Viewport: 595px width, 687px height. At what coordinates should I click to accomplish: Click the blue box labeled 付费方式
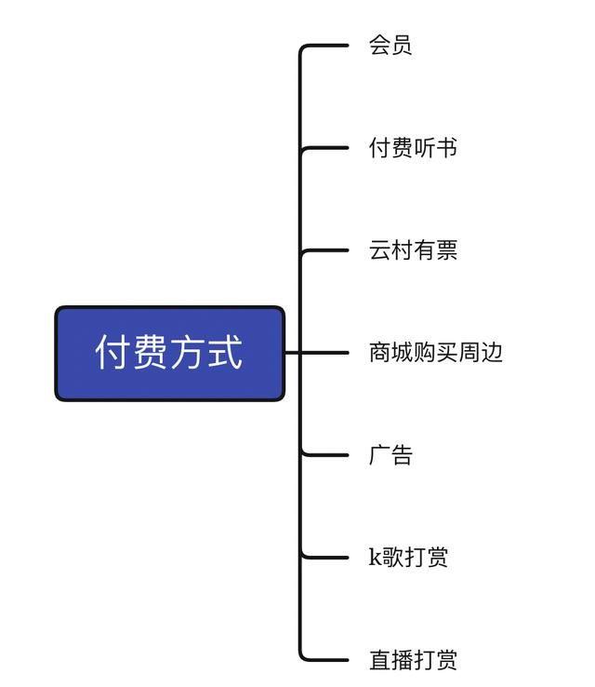[x=169, y=354]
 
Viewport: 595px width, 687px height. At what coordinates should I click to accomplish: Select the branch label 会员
[x=390, y=46]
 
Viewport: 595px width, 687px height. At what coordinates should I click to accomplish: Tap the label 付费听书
[x=413, y=148]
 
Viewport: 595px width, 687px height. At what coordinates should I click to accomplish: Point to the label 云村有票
[x=413, y=250]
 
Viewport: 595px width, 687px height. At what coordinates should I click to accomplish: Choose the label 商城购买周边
[x=435, y=353]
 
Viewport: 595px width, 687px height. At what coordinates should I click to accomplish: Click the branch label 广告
[x=390, y=455]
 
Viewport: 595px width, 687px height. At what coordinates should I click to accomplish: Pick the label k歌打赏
[x=408, y=558]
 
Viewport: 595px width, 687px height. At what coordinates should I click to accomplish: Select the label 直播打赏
[x=413, y=660]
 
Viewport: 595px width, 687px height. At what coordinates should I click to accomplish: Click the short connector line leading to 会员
[x=325, y=46]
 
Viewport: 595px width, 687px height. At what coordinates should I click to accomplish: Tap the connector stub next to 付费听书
[x=325, y=148]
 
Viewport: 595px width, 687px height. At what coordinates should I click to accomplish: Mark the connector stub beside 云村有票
[x=325, y=250]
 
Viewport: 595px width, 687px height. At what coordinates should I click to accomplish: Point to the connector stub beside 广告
[x=325, y=455]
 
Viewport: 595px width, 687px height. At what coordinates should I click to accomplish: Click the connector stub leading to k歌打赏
[x=325, y=558]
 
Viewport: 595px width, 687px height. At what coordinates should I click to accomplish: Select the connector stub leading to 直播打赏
[x=325, y=660]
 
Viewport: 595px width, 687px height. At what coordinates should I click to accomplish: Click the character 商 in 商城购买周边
[x=379, y=353]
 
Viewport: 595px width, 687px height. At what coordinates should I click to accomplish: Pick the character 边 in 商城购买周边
[x=491, y=353]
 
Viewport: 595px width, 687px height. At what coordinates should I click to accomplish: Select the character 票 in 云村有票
[x=446, y=250]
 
